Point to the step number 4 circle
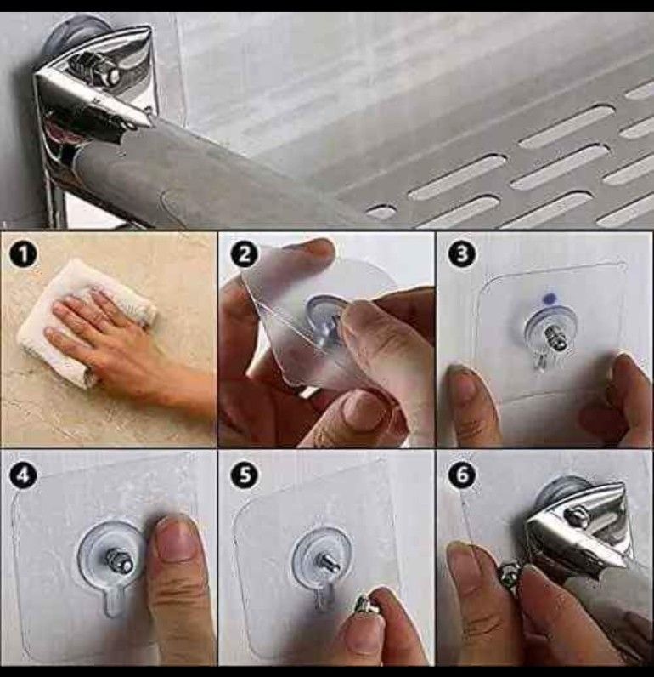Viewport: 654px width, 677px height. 24,475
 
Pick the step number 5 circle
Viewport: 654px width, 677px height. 245,475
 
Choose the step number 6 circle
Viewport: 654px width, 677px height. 462,475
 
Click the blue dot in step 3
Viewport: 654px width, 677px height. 550,299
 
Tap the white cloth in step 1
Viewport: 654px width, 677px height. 84,321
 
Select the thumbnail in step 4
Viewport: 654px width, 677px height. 175,540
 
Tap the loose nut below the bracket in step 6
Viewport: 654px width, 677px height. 509,573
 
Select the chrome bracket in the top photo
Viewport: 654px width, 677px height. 95,87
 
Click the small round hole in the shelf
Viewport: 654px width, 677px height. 381,212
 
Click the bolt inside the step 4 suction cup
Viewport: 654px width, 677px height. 119,558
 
